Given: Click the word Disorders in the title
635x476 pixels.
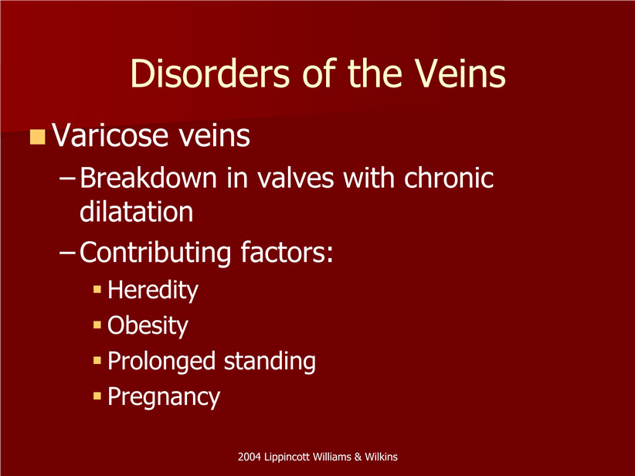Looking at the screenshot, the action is coord(210,73).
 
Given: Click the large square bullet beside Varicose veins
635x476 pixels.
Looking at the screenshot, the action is coord(37,137).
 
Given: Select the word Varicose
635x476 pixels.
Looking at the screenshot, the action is coord(110,135).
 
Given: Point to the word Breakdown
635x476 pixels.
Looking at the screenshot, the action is coord(148,178).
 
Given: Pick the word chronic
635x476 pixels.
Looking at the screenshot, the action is coord(449,178).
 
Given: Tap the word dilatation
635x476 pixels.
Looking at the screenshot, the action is coord(137,212).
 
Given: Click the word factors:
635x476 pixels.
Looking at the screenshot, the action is coord(287,252).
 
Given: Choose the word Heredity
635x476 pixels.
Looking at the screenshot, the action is coord(153,291).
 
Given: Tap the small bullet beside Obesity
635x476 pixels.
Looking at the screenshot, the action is coord(97,325).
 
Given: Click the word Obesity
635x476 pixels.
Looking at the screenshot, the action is coord(148,326).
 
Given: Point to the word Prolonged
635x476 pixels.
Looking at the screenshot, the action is coord(161,362).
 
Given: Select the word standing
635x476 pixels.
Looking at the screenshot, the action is coord(270,362).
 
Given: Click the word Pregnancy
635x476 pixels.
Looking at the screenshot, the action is coord(164,397).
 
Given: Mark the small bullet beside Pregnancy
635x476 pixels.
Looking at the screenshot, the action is coord(97,396).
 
